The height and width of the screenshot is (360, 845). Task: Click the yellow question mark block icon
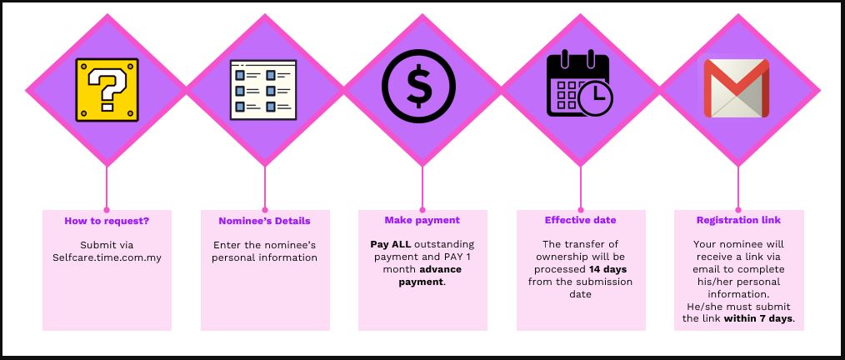tap(107, 89)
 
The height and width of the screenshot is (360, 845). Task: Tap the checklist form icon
tap(263, 89)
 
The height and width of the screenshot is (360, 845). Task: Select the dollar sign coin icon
tap(418, 86)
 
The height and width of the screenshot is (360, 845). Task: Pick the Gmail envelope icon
tap(737, 88)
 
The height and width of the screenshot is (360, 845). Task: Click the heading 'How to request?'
tap(107, 221)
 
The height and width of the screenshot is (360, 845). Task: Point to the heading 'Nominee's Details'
tap(265, 221)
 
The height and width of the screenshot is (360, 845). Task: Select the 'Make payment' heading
tap(422, 220)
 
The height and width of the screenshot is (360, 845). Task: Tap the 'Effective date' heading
tap(580, 220)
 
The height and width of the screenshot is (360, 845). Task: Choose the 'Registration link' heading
tap(739, 220)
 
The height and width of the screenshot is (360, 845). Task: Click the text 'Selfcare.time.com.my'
tap(107, 257)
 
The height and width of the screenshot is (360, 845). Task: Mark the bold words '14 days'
tap(607, 269)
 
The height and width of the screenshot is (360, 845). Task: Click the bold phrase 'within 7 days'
tap(758, 318)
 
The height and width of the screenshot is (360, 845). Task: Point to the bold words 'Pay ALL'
tap(391, 245)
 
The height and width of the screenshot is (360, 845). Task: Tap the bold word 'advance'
tap(440, 269)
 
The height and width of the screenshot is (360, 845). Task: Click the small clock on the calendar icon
tap(596, 100)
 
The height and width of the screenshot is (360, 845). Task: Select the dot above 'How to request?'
tap(107, 210)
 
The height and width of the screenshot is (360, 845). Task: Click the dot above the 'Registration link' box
tap(738, 210)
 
